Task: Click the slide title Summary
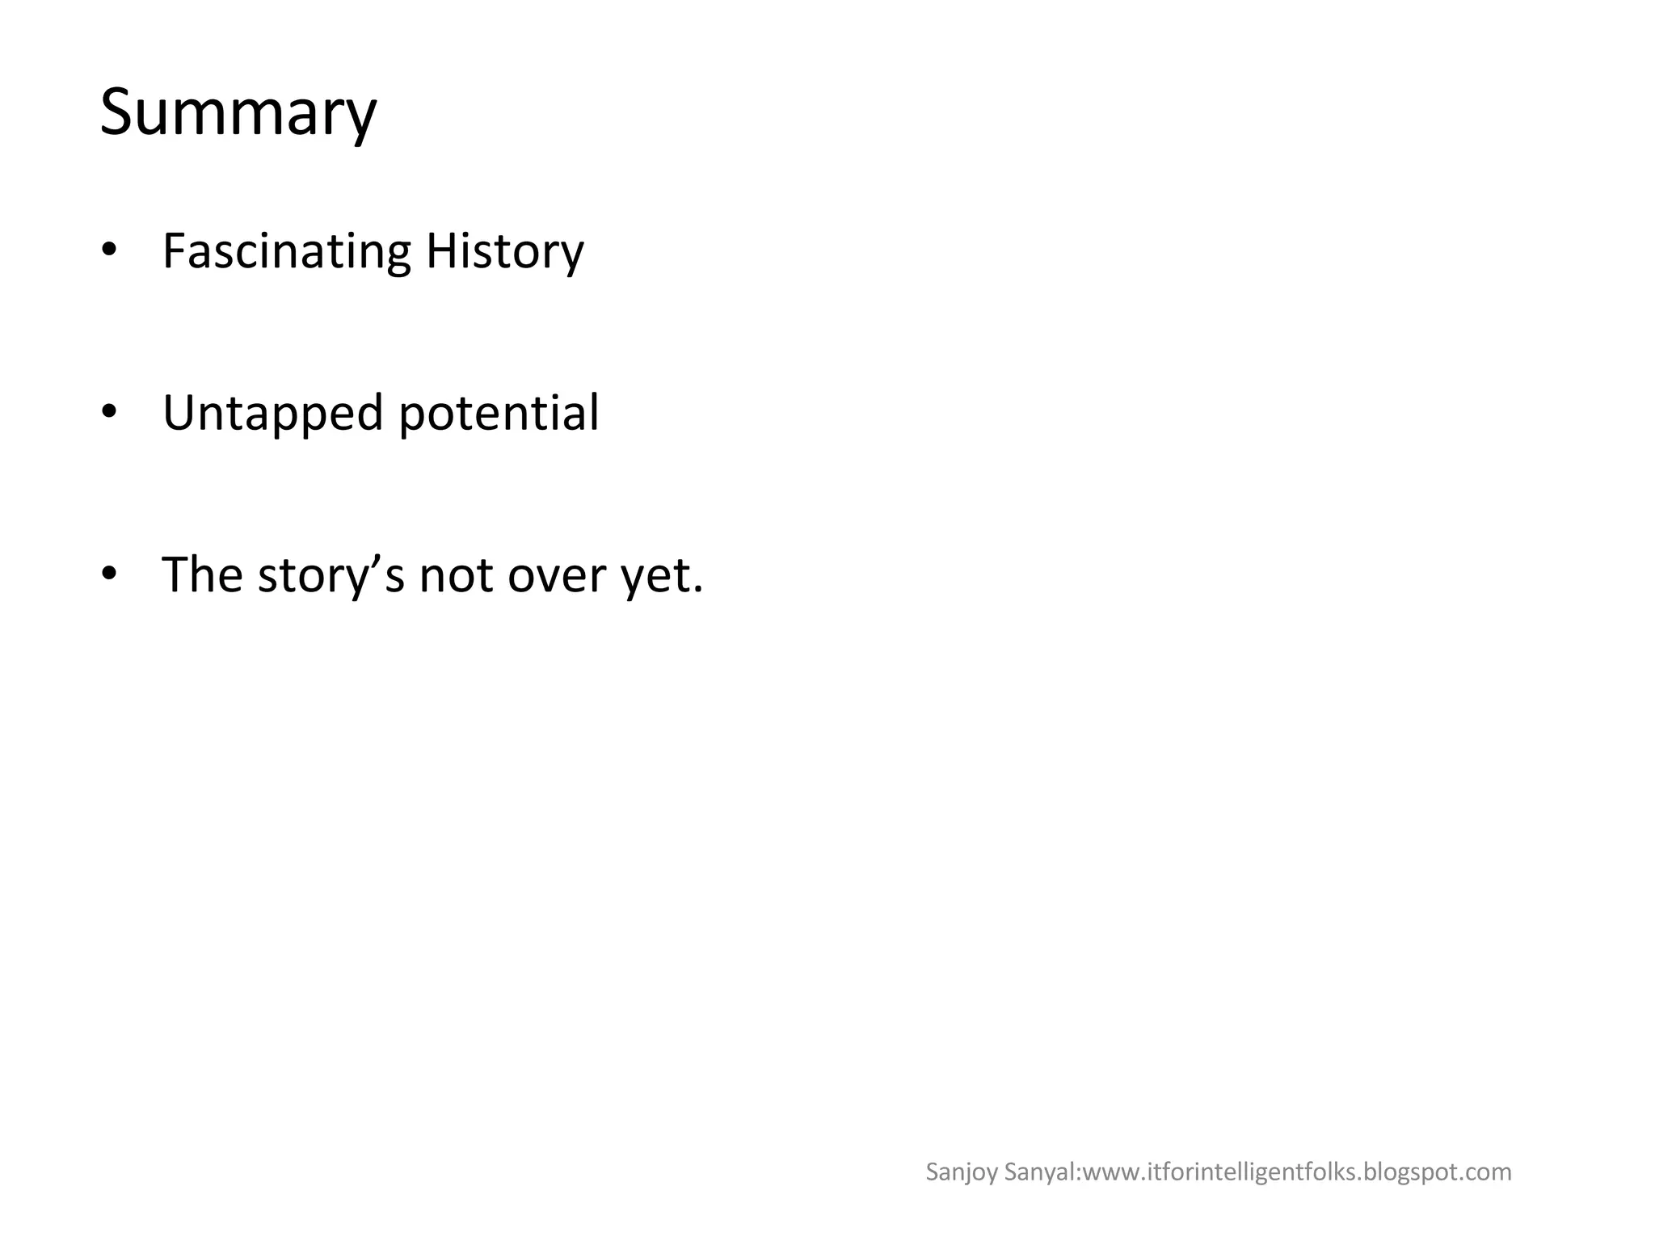pyautogui.click(x=238, y=113)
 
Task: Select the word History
pyautogui.click(x=504, y=252)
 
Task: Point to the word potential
pyautogui.click(x=499, y=414)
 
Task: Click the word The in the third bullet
pyautogui.click(x=202, y=575)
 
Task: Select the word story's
pyautogui.click(x=331, y=577)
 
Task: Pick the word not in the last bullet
pyautogui.click(x=456, y=575)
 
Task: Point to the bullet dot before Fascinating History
pyautogui.click(x=109, y=250)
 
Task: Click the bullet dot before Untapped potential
pyautogui.click(x=109, y=412)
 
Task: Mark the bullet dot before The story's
pyautogui.click(x=109, y=574)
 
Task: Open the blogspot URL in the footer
pyautogui.click(x=1296, y=1172)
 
